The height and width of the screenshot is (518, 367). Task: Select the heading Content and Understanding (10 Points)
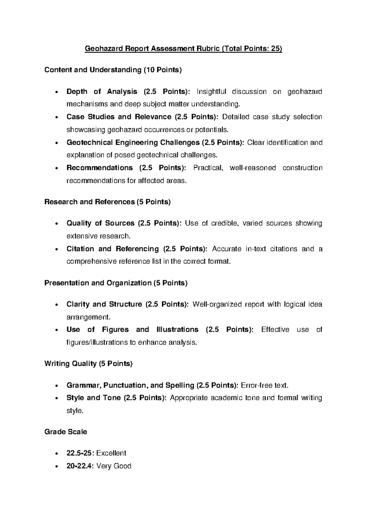pos(113,70)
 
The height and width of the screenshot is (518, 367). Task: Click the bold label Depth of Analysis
pos(102,92)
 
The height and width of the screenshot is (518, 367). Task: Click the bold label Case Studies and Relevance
pos(119,117)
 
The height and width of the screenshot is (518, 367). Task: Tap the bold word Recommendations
pos(99,168)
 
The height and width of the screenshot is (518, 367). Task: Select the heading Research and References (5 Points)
pos(107,202)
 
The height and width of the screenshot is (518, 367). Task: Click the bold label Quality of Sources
pos(100,223)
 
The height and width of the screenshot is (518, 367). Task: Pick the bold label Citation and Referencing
pos(113,249)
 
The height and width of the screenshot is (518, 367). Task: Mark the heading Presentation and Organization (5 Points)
pos(116,283)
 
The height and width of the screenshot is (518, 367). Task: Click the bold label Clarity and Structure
pos(104,305)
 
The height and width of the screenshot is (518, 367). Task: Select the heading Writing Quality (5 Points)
pos(88,364)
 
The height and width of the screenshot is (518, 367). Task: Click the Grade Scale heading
pos(66,432)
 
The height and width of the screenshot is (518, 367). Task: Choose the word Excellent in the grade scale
pos(111,453)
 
